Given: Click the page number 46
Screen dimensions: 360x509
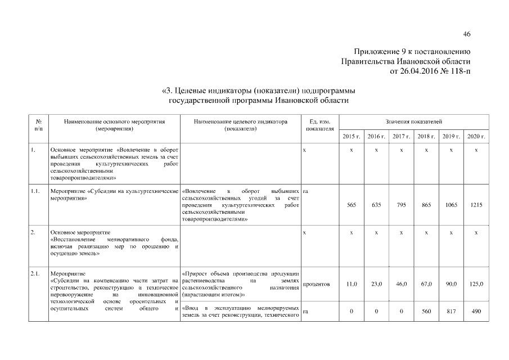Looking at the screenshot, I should (x=467, y=34).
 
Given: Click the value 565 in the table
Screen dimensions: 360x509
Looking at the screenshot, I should (x=352, y=205).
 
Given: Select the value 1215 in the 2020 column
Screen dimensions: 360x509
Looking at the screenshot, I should (x=476, y=205).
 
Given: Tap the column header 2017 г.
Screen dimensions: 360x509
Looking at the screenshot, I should (x=401, y=137).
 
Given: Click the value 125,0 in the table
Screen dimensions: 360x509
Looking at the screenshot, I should (x=476, y=285).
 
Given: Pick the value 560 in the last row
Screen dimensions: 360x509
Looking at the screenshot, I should (x=426, y=311).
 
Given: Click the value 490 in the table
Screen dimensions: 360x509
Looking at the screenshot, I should (x=476, y=311).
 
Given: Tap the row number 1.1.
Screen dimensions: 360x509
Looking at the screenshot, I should (x=35, y=192).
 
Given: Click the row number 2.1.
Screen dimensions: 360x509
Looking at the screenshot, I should (x=35, y=274).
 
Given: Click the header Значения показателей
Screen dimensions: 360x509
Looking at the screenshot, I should (x=414, y=121).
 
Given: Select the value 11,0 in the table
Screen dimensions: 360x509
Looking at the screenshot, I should (x=352, y=285).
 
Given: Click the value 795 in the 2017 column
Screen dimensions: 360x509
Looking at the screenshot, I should (x=401, y=205).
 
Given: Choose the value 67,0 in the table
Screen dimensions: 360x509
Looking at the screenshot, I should (x=426, y=285).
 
